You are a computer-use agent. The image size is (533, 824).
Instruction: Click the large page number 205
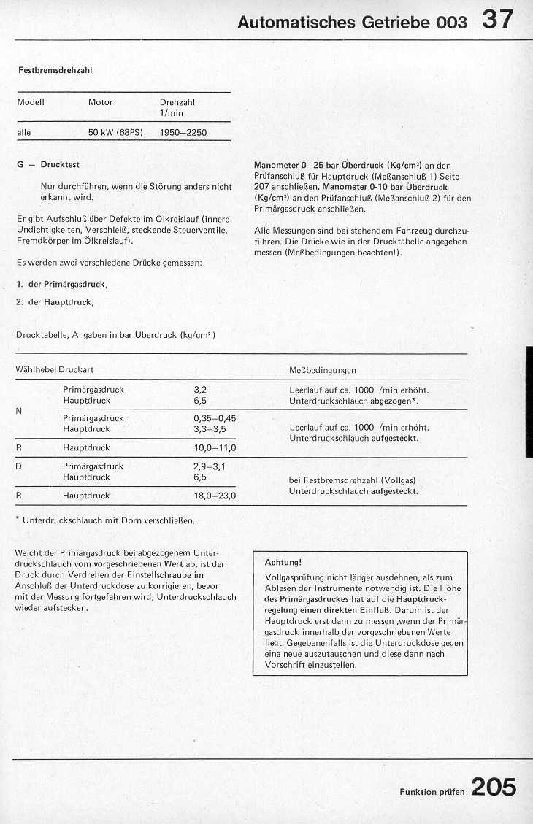494,787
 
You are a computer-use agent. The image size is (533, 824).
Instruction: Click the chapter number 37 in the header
497,20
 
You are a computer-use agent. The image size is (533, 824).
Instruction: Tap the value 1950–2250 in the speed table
183,133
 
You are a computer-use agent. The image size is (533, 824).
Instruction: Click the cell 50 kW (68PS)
115,133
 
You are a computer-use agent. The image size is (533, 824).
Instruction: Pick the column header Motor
100,102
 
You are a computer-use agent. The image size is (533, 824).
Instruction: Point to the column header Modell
31,102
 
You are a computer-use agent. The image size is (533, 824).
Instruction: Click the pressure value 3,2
200,390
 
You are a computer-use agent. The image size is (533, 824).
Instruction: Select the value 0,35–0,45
215,418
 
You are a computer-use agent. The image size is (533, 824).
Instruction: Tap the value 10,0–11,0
215,447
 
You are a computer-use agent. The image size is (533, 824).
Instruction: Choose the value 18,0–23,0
215,496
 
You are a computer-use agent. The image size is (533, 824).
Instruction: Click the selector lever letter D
18,466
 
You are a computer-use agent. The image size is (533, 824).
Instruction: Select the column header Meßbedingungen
323,370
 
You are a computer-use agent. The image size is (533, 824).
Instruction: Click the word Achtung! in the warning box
283,562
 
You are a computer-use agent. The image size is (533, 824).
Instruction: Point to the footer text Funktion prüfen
432,792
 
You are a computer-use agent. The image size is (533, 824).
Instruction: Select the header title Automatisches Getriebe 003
352,22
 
